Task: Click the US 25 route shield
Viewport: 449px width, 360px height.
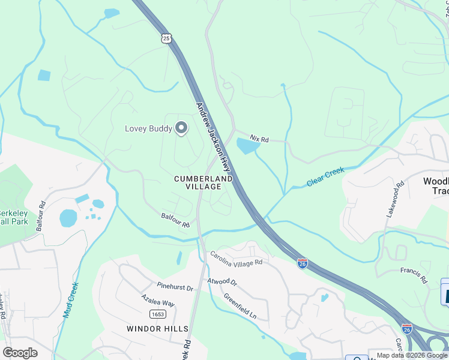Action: click(166, 38)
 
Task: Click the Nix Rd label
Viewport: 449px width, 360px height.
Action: click(260, 139)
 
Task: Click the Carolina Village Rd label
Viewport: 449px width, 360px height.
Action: click(236, 259)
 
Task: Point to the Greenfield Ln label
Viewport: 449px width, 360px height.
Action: click(240, 306)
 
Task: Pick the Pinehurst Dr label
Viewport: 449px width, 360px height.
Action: click(175, 287)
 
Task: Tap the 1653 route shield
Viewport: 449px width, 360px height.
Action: click(158, 314)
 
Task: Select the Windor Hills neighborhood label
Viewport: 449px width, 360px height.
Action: click(158, 329)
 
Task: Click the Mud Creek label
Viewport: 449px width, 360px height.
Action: click(71, 300)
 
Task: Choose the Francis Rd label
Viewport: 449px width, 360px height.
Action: click(414, 275)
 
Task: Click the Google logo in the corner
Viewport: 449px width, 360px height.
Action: click(20, 352)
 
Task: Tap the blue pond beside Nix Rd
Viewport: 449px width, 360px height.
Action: click(248, 145)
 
